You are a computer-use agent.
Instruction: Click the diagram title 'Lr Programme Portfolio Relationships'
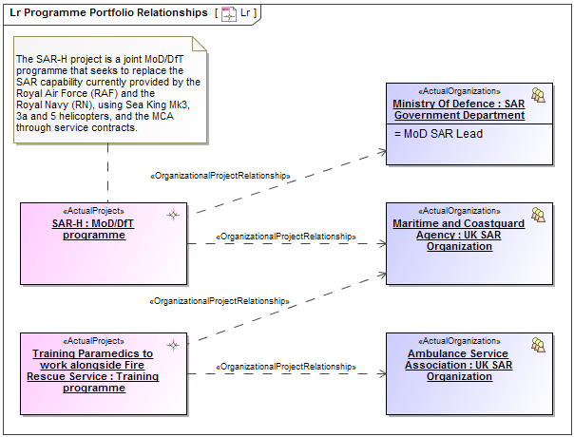pos(107,12)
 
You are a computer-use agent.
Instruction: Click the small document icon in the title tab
pos(228,13)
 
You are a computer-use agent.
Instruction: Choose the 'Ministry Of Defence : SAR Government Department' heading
pos(459,109)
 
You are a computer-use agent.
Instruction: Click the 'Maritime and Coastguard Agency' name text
pos(459,235)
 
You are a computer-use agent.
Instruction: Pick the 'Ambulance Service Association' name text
pos(459,365)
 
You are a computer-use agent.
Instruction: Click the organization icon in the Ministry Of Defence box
pos(538,95)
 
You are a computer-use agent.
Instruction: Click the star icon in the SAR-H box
pos(173,215)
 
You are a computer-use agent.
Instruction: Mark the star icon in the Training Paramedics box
pos(173,344)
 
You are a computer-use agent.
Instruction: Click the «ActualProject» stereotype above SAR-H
pos(93,211)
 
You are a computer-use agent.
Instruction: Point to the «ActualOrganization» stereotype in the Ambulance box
pos(459,340)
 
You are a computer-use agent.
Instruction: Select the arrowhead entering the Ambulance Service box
pos(381,373)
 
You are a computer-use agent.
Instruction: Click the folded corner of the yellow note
pos(200,44)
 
